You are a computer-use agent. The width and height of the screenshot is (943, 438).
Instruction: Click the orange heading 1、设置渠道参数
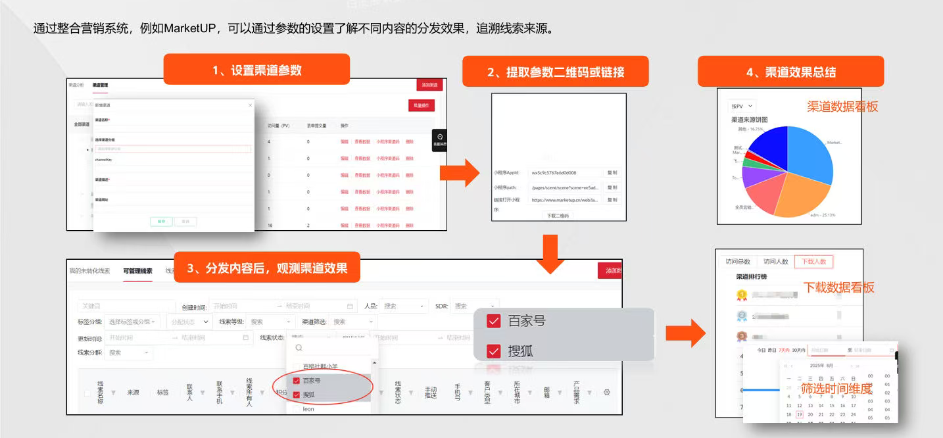point(256,70)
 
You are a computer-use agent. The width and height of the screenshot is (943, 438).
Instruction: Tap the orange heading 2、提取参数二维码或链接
point(556,72)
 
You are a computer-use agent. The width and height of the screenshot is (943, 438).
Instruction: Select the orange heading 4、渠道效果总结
point(790,72)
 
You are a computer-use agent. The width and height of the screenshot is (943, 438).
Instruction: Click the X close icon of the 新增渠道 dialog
point(250,105)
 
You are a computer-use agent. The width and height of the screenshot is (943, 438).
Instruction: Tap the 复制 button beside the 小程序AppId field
point(612,173)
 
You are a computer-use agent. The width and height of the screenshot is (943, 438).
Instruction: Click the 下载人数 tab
point(813,261)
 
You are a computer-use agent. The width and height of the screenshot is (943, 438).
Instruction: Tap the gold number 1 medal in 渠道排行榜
point(742,295)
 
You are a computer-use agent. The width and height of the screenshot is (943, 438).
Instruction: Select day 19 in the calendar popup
point(799,415)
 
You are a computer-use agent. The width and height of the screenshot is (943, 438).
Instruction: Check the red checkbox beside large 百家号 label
point(494,321)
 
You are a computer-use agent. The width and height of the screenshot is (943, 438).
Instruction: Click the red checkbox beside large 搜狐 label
point(494,351)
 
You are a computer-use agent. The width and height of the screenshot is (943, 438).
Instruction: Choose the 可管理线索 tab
point(137,271)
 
